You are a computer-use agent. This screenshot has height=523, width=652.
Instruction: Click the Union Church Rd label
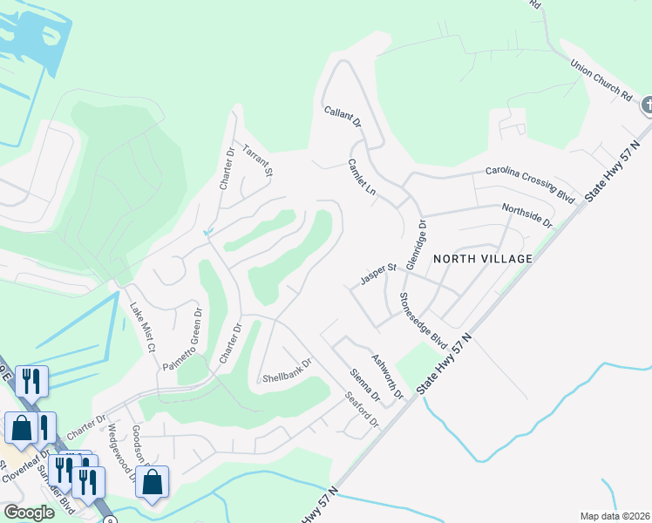tap(601, 78)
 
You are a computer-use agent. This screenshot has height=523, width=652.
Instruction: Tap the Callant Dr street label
tap(343, 119)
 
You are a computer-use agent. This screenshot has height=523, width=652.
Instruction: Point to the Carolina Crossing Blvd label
tap(532, 183)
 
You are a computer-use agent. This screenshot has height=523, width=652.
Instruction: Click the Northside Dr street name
tap(527, 216)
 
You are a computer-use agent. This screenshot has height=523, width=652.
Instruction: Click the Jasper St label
tap(379, 275)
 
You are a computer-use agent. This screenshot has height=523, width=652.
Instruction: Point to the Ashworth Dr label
tap(387, 377)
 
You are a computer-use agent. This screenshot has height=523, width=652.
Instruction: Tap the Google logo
tap(29, 513)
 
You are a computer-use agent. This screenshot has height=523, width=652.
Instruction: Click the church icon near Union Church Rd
tap(646, 105)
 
